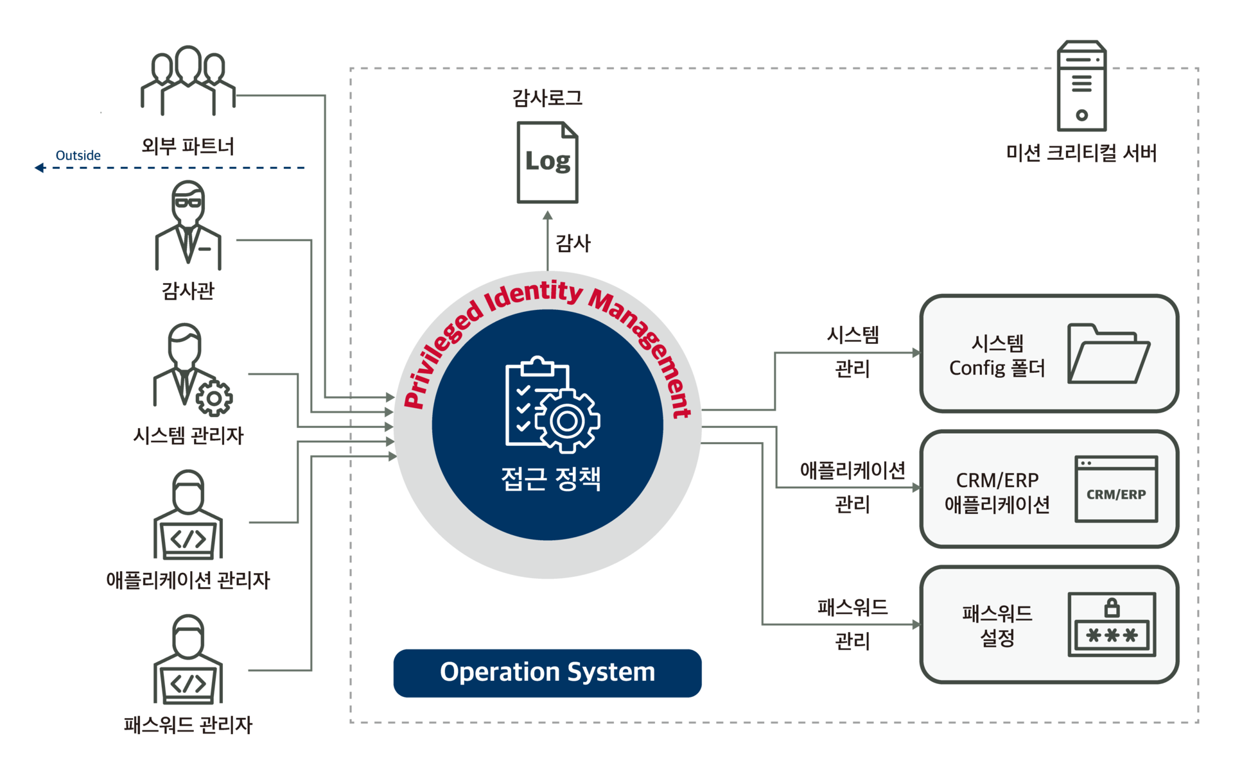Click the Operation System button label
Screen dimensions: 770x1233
pyautogui.click(x=547, y=672)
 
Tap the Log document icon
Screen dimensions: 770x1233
pyautogui.click(x=547, y=162)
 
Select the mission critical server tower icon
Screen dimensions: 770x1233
pyautogui.click(x=1082, y=86)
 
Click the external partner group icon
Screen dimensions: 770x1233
pyautogui.click(x=188, y=80)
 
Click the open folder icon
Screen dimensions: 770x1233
pyautogui.click(x=1108, y=354)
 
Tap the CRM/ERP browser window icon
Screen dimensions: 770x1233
pyautogui.click(x=1116, y=489)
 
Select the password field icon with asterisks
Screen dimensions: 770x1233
pyautogui.click(x=1112, y=625)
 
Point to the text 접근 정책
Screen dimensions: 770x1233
pyautogui.click(x=550, y=479)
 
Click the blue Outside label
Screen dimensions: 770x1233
pyautogui.click(x=78, y=155)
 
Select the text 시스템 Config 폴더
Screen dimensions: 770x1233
pyautogui.click(x=997, y=355)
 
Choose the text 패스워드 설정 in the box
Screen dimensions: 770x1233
pyautogui.click(x=997, y=626)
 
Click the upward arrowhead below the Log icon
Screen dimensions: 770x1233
pyautogui.click(x=548, y=216)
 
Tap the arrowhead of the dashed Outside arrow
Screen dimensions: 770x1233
pyautogui.click(x=39, y=168)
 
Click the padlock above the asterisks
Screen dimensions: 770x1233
pyautogui.click(x=1112, y=607)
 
